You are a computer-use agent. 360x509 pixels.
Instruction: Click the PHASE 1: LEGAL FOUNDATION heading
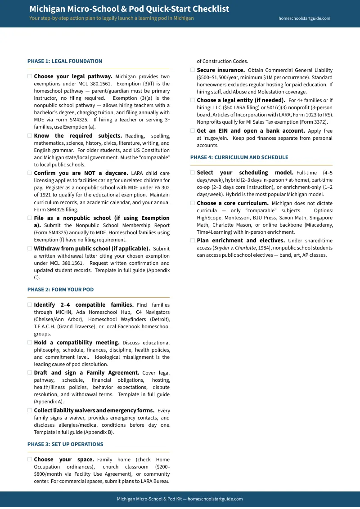[x=65, y=61]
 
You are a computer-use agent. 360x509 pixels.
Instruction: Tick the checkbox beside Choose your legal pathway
[x=30, y=76]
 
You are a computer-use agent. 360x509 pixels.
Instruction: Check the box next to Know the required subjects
[x=30, y=136]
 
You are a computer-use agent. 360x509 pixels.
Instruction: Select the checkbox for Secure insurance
[x=193, y=70]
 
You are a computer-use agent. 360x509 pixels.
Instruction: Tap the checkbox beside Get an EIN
[x=193, y=131]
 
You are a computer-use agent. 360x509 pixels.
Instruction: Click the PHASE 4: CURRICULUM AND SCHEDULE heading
[x=239, y=157]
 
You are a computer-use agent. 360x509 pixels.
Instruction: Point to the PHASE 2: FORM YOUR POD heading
[x=61, y=290]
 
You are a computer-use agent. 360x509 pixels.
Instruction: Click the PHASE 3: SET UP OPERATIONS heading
[x=65, y=444]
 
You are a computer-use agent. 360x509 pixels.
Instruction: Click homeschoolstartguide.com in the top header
[x=304, y=18]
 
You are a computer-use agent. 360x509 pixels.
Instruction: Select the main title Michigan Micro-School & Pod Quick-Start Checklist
[x=129, y=9]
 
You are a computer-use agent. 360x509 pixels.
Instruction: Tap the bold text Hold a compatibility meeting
[x=76, y=343]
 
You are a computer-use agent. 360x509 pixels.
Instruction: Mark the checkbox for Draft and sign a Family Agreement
[x=30, y=373]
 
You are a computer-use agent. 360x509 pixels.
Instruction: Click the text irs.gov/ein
[x=211, y=138]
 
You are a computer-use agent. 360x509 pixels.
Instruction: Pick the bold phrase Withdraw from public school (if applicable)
[x=92, y=248]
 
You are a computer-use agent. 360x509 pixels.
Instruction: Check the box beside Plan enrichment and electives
[x=193, y=241]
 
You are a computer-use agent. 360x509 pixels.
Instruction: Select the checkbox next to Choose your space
[x=30, y=460]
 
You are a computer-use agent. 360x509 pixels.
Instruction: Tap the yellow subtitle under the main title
[x=112, y=18]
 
